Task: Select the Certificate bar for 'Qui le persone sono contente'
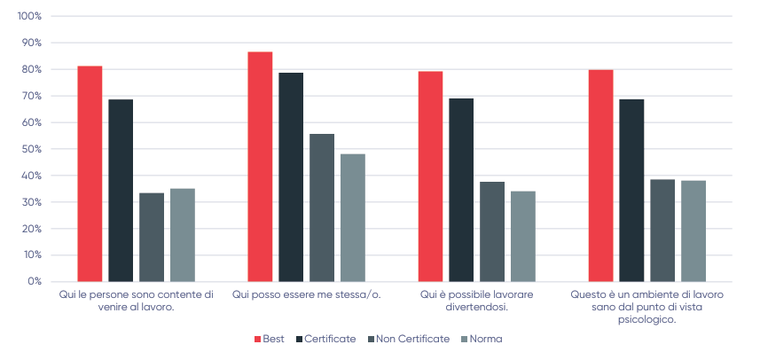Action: (x=121, y=191)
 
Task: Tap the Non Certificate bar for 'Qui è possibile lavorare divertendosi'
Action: (x=492, y=231)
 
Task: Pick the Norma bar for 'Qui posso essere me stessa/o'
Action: (x=353, y=217)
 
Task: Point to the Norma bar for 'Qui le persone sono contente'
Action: (x=183, y=235)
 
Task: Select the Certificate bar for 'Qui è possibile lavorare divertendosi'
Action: (x=461, y=190)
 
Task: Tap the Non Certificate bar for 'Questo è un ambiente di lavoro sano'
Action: (x=662, y=231)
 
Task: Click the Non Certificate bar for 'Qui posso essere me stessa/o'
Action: (x=322, y=207)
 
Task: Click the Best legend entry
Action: (x=270, y=339)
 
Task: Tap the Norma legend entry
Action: (x=480, y=339)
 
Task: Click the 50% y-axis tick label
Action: (x=31, y=149)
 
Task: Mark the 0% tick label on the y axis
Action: (x=34, y=282)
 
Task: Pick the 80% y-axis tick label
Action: (x=31, y=69)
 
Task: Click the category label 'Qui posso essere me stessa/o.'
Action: (x=306, y=294)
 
